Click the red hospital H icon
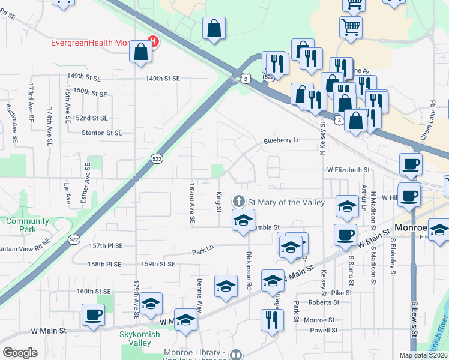click(153, 42)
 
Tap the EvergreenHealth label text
click(90, 43)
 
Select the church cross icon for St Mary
click(239, 201)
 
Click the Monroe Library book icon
click(235, 355)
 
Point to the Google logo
click(20, 353)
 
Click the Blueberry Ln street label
click(281, 141)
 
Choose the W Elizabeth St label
click(348, 170)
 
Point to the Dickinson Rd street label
click(247, 271)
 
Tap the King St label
click(218, 201)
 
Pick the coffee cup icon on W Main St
click(93, 316)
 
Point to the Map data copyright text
click(424, 355)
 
